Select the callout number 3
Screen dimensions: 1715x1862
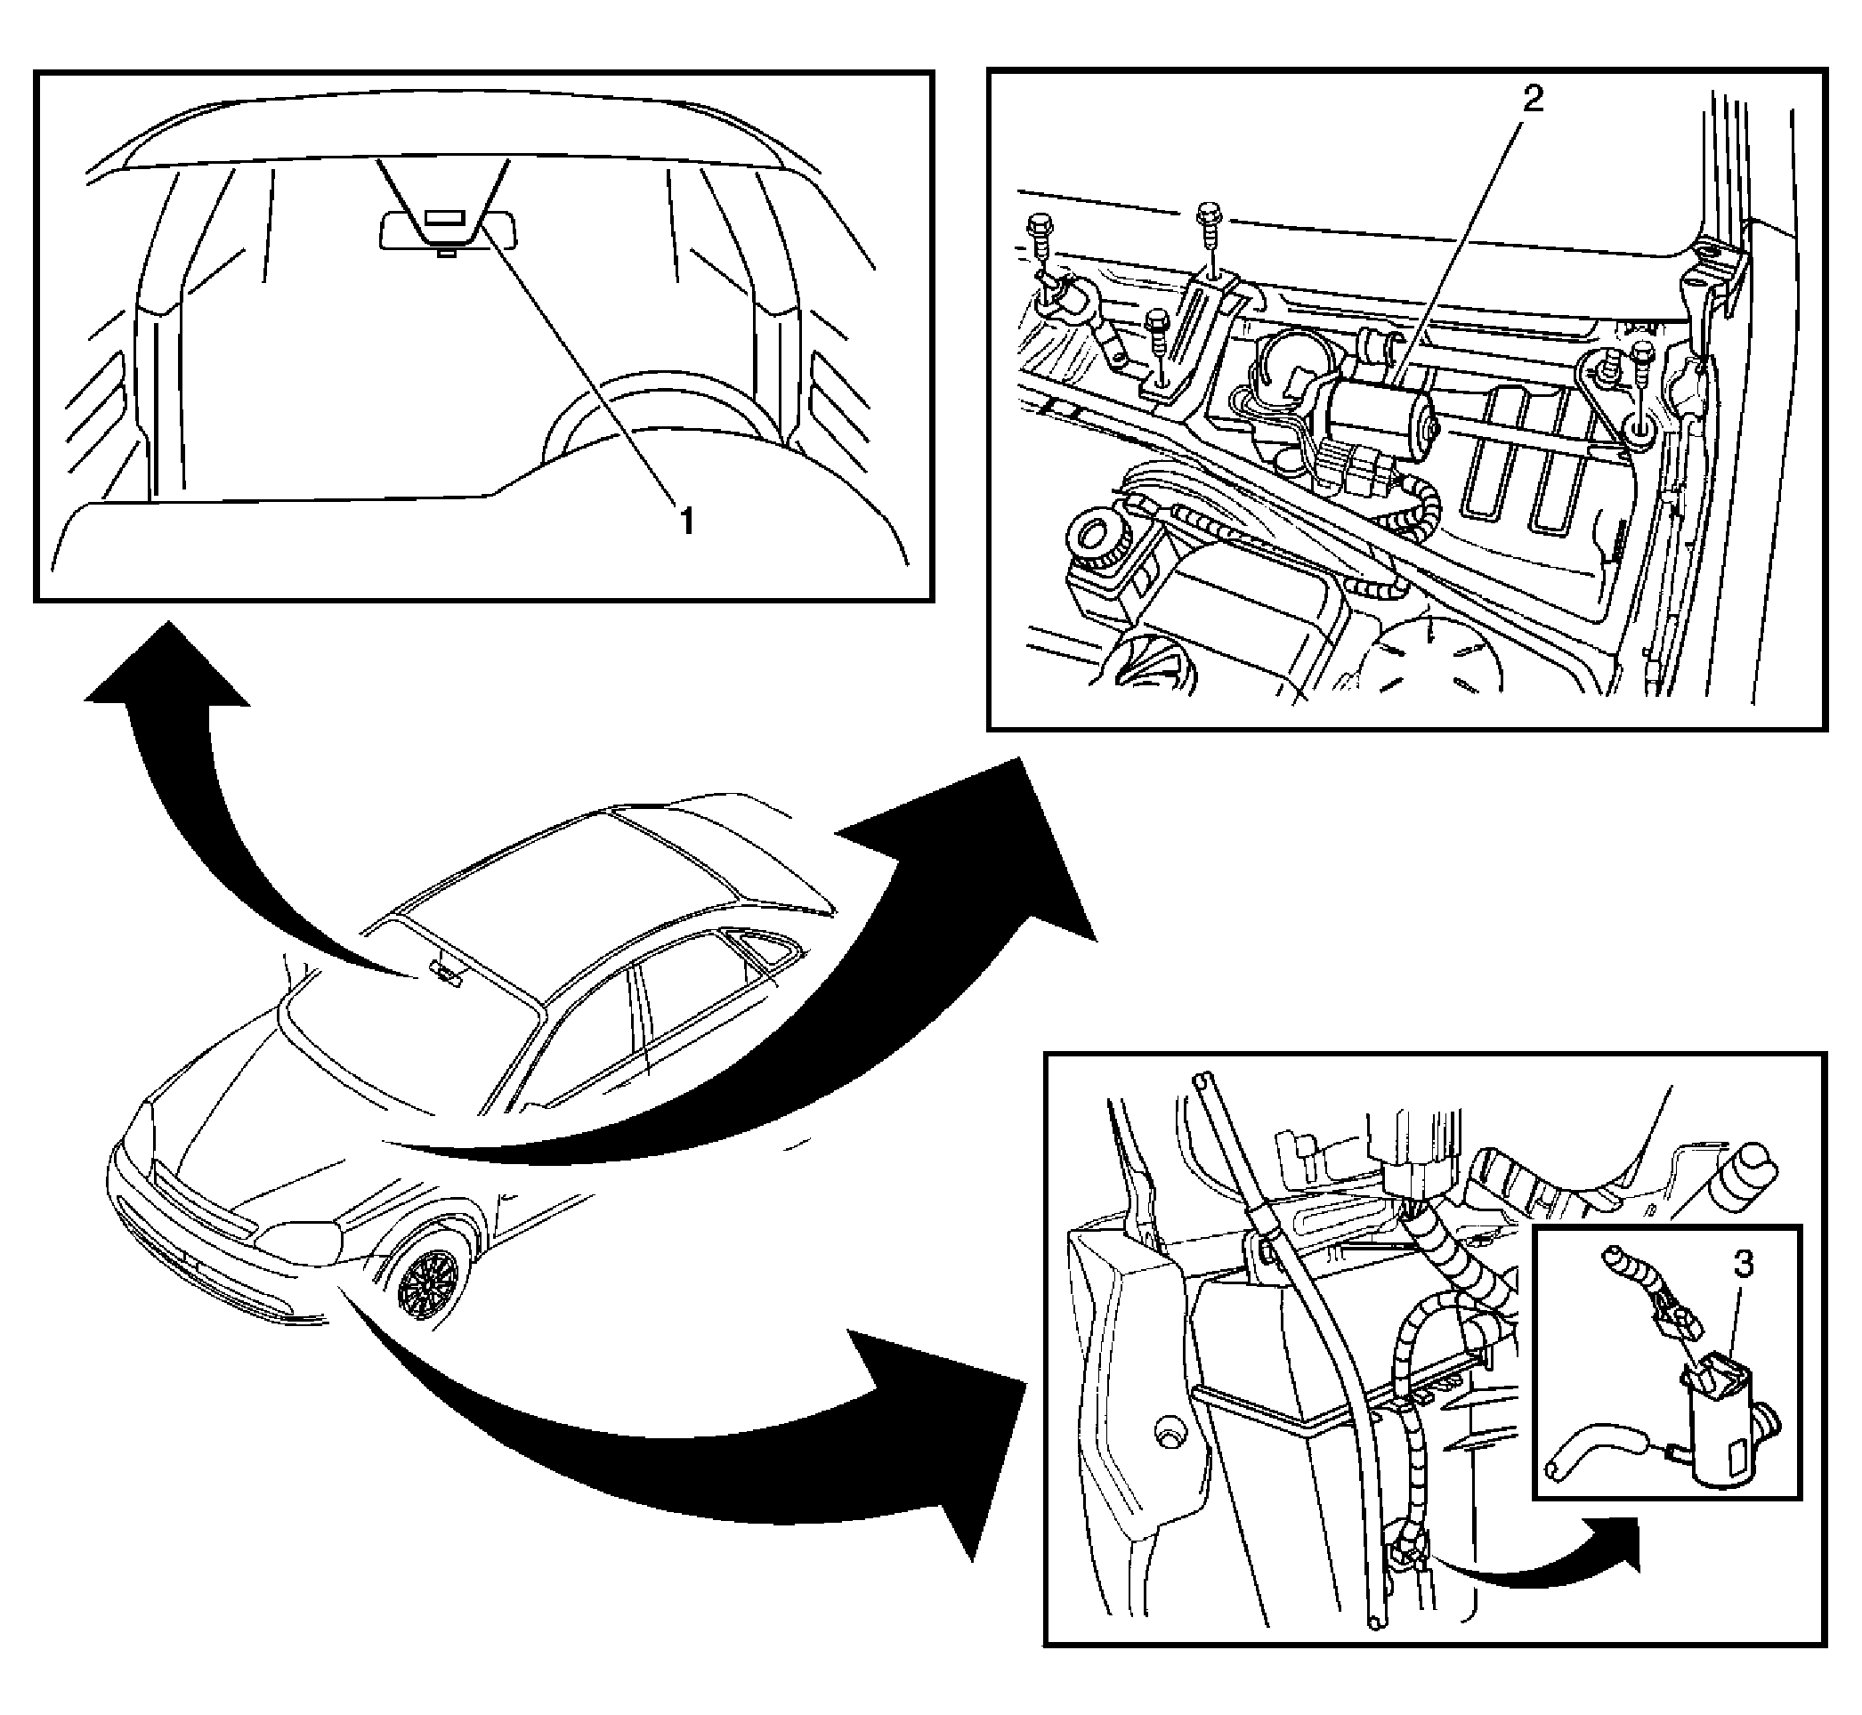(1745, 1263)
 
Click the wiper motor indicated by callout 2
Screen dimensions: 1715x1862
(1377, 416)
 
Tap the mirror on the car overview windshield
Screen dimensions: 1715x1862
(447, 972)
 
